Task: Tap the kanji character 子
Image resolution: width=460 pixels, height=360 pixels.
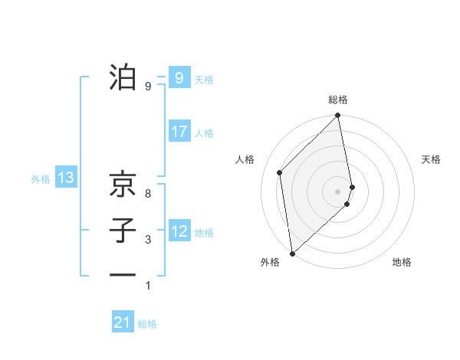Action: click(123, 230)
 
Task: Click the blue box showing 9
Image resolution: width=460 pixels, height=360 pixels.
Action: click(179, 77)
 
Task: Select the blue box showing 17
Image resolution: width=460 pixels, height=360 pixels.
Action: click(179, 132)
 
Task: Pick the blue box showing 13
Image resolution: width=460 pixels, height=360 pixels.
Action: click(66, 178)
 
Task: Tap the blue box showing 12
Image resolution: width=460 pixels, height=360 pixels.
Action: click(179, 231)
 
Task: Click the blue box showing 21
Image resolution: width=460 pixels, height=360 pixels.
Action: click(123, 322)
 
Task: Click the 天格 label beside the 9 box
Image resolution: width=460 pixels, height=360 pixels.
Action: click(204, 80)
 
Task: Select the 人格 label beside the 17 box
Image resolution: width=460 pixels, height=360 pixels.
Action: click(204, 133)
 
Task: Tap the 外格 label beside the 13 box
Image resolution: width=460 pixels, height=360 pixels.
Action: click(41, 180)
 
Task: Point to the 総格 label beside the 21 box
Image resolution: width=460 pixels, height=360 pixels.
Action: click(147, 324)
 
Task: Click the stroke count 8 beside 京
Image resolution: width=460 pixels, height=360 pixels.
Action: click(148, 194)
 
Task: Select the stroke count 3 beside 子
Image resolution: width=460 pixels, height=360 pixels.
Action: click(148, 240)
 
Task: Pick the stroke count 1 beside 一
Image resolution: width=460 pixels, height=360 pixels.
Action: click(148, 286)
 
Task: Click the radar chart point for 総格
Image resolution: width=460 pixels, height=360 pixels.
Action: click(337, 116)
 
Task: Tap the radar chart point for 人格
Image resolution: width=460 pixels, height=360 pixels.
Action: click(280, 172)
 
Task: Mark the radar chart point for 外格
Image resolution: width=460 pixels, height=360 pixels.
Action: click(292, 253)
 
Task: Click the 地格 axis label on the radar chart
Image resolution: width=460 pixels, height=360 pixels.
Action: click(402, 262)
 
